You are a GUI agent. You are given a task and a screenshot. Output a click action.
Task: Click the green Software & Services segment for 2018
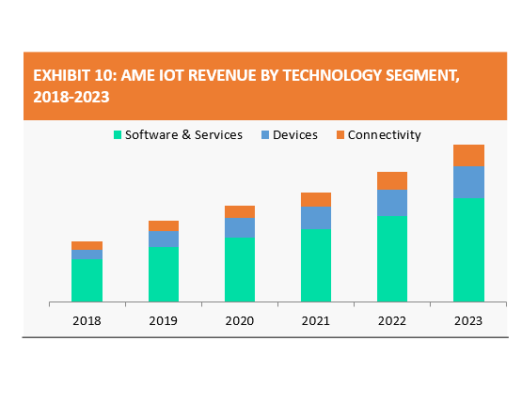(x=87, y=280)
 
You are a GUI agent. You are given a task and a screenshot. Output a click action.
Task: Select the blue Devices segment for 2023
(x=468, y=182)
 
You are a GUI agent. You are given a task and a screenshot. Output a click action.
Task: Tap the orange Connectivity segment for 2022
(x=392, y=181)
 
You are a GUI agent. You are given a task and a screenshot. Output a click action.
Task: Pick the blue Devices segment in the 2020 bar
(x=240, y=227)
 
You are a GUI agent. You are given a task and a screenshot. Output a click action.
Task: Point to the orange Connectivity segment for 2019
(x=164, y=225)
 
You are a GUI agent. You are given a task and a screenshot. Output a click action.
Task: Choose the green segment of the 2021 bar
(x=316, y=266)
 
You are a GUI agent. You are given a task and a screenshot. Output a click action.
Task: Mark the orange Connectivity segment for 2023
(x=468, y=155)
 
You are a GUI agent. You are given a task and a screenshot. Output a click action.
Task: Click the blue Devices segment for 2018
(x=87, y=255)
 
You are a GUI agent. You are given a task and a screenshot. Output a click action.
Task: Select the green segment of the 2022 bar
(x=392, y=259)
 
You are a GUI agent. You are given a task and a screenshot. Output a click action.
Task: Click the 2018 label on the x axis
(x=87, y=321)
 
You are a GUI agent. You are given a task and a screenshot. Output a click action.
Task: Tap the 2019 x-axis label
(x=163, y=321)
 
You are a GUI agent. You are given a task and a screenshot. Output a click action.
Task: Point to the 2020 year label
(x=239, y=321)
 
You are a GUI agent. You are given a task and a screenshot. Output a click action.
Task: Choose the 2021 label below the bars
(x=316, y=321)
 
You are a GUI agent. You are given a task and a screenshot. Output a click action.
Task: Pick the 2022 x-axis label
(x=392, y=321)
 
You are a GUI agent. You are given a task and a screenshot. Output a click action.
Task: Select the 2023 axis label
(x=468, y=321)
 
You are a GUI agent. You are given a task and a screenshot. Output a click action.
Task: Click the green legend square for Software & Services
(x=118, y=134)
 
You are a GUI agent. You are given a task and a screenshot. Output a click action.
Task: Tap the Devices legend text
(x=295, y=134)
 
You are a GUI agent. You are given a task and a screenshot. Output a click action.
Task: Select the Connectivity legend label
(x=385, y=135)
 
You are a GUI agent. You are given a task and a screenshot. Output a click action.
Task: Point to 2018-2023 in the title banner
(x=71, y=97)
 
